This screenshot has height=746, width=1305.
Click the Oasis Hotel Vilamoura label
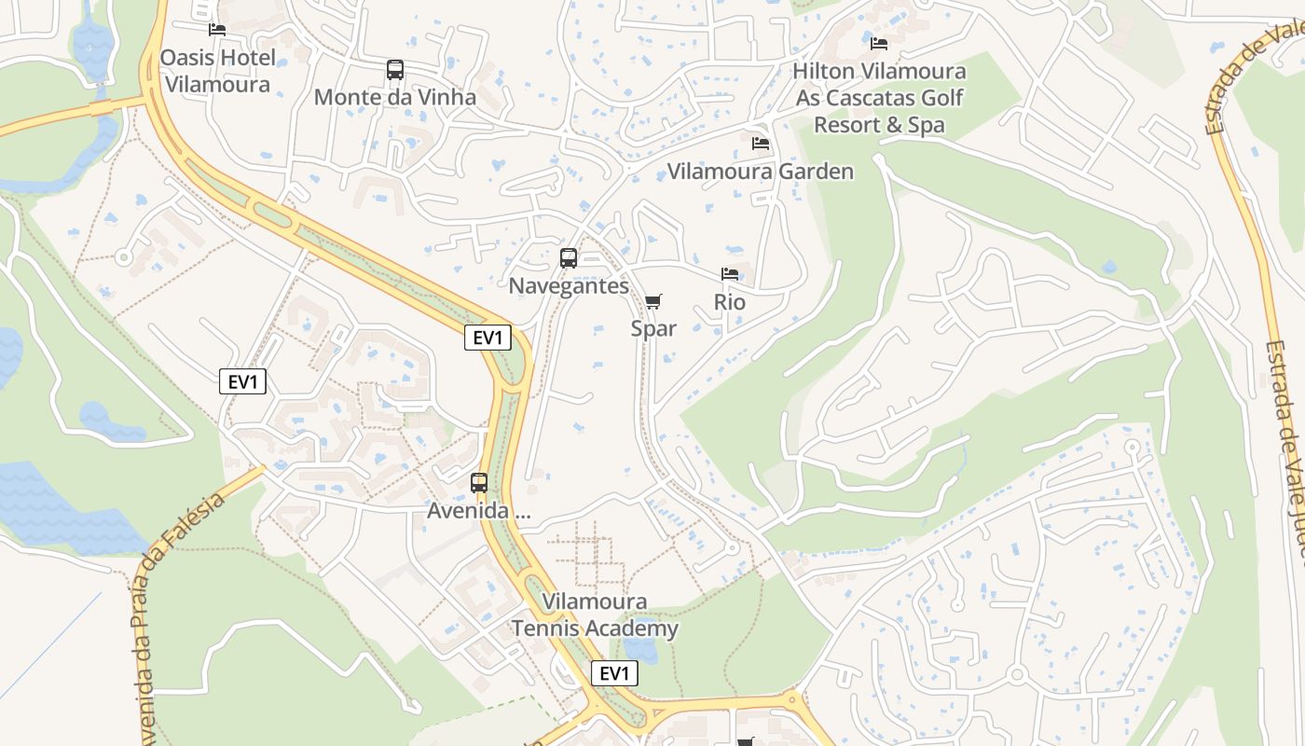tap(218, 71)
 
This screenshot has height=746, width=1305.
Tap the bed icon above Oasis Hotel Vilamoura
tap(217, 30)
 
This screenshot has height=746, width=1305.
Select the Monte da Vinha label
tap(394, 97)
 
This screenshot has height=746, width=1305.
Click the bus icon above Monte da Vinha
tap(395, 70)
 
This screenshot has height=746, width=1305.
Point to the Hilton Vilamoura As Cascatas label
tap(880, 97)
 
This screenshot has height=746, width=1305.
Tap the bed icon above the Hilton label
tap(879, 43)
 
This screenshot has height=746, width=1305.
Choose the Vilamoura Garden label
tap(760, 172)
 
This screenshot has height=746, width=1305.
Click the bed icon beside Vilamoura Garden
tap(761, 144)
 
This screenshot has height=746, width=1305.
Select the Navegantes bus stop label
tap(569, 286)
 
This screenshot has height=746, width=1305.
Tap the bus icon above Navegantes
tap(569, 258)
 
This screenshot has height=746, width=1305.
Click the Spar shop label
tap(653, 328)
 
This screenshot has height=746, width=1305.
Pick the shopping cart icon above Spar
tap(653, 301)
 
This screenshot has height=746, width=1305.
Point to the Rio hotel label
tap(730, 302)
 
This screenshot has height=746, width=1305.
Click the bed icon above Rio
tap(730, 274)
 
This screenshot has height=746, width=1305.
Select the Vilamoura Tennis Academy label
tap(595, 615)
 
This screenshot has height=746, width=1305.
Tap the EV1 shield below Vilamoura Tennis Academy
tap(614, 673)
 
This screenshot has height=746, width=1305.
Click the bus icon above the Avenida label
tap(479, 483)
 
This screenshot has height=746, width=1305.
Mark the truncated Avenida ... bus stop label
tap(491, 511)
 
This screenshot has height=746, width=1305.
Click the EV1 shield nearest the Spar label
tap(488, 338)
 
